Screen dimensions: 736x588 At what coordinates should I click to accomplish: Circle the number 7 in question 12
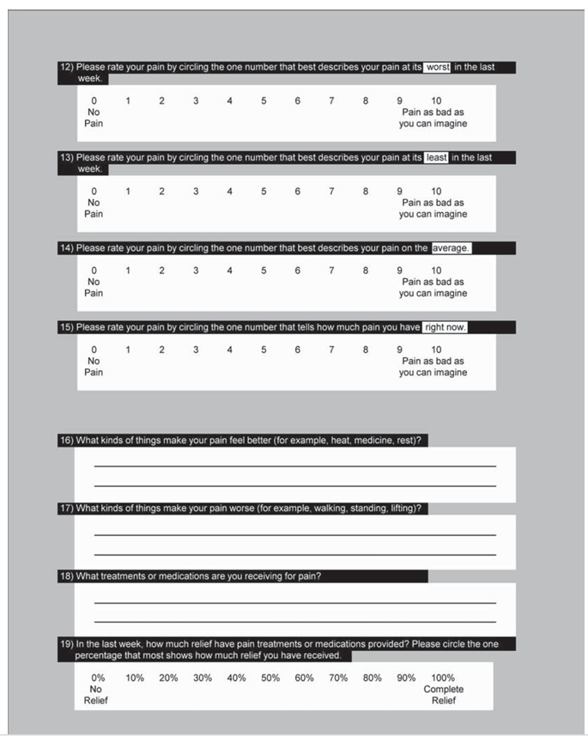coord(331,101)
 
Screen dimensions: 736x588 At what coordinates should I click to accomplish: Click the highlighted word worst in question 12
coord(437,67)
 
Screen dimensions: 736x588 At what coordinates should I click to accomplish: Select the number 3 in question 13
coord(196,192)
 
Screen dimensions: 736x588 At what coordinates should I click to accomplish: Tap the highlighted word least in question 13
coord(437,157)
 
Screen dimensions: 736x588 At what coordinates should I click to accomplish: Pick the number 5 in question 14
coord(264,271)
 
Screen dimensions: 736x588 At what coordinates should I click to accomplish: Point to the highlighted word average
coord(452,248)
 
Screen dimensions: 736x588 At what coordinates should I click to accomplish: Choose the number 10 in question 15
coord(437,350)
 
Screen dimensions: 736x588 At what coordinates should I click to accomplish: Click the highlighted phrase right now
coord(445,327)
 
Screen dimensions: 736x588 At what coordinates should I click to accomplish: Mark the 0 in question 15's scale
coord(94,350)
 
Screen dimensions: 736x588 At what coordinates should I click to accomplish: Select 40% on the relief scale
coord(236,678)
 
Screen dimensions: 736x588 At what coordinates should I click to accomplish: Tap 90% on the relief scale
coord(406,678)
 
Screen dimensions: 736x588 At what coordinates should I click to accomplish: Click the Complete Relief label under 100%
coord(443,695)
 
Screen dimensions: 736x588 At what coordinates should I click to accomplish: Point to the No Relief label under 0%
coord(96,695)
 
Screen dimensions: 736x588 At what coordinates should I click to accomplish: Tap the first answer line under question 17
coord(294,535)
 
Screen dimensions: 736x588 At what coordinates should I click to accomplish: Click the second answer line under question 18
coord(294,622)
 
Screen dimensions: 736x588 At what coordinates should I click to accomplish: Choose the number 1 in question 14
coord(128,271)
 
